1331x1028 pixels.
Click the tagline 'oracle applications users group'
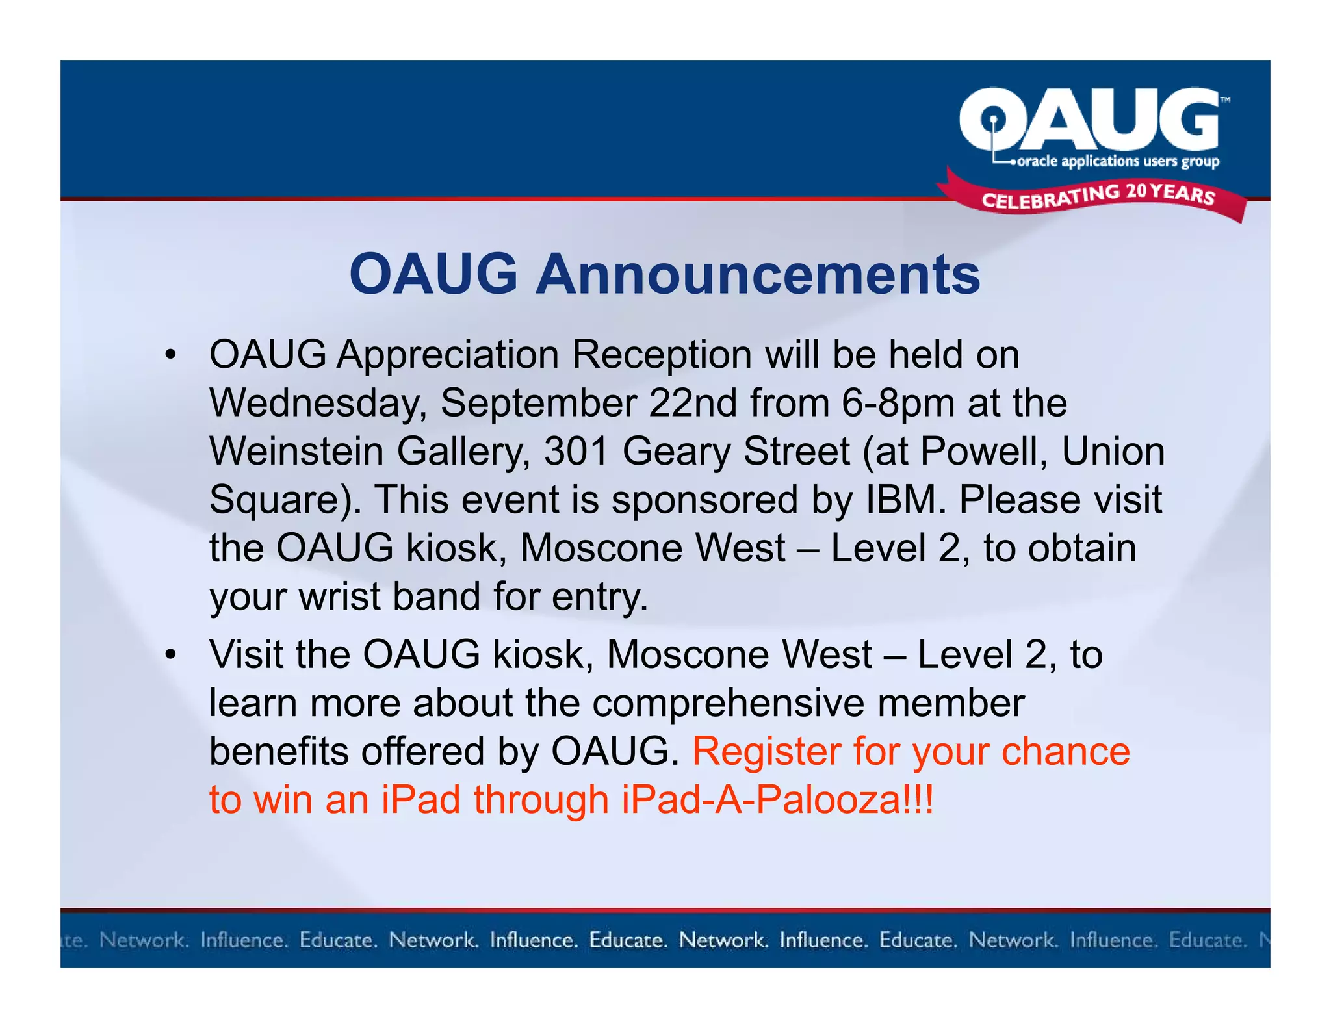1117,161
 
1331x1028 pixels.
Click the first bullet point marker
170,355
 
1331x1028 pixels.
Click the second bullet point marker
170,654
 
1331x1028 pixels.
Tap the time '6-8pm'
898,404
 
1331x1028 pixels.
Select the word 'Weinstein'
296,452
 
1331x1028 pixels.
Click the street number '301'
576,452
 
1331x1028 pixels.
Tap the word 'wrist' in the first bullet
340,597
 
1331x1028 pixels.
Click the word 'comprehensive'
729,704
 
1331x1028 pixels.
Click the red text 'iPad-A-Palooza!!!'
777,800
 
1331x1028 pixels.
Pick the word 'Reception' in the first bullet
662,355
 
